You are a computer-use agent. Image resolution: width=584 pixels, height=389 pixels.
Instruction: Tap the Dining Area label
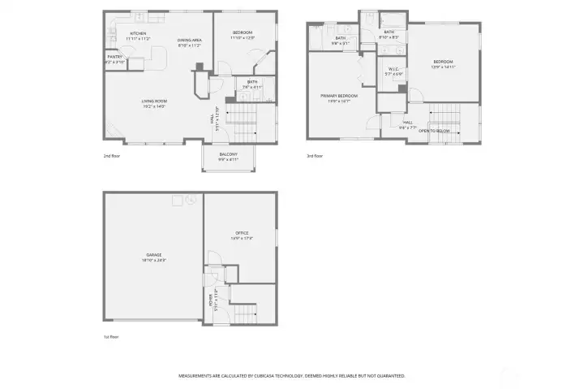point(190,40)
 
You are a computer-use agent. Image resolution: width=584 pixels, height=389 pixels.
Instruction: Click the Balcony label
point(228,154)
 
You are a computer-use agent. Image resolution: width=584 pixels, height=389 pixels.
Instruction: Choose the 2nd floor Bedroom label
point(243,32)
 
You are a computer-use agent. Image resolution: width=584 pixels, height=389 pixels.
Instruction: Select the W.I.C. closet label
point(393,69)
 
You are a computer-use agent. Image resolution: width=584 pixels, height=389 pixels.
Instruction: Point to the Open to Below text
point(435,130)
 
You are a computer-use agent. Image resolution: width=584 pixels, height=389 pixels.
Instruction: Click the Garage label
point(153,255)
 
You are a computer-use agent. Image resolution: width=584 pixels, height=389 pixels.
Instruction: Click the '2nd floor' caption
point(112,155)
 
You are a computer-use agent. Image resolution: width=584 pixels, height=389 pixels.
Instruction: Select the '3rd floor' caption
point(315,155)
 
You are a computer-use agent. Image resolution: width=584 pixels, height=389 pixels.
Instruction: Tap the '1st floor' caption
point(111,335)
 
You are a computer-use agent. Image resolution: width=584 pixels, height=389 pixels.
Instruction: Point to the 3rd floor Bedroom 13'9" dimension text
point(443,67)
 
